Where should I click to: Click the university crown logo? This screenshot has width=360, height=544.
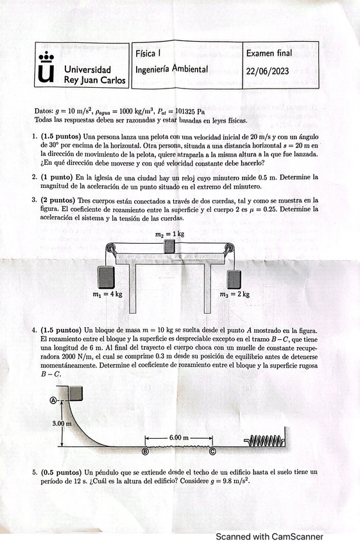[46, 67]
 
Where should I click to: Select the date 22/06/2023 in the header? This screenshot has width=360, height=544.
[268, 71]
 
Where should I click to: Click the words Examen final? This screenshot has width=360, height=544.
[269, 53]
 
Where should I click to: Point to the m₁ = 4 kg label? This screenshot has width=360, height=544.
[108, 294]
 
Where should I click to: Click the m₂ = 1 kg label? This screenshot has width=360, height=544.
[170, 234]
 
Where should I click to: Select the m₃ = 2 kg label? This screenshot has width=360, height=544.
[235, 294]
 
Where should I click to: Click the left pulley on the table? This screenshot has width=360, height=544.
[111, 248]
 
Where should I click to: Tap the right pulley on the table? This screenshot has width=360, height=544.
[229, 248]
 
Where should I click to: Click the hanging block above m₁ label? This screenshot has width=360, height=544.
[106, 277]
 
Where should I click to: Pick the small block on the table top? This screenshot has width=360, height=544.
[169, 246]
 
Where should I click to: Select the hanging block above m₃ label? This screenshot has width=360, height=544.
[234, 279]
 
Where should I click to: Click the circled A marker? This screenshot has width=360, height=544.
[53, 400]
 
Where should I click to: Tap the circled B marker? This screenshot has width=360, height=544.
[145, 452]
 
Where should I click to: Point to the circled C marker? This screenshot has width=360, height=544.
[212, 452]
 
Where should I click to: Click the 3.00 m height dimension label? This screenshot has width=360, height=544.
[62, 423]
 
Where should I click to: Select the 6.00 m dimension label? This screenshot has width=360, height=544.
[179, 438]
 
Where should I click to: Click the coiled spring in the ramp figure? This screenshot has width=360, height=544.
[264, 441]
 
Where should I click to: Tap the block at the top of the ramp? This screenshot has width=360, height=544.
[76, 393]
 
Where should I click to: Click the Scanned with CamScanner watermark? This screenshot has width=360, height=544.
[270, 536]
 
